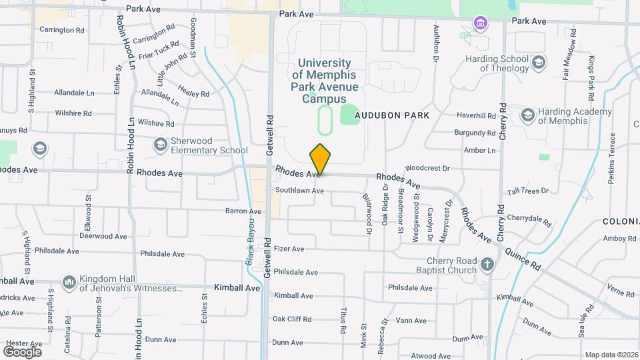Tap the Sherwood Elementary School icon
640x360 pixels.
pyautogui.click(x=160, y=144)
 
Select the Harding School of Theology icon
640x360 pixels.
pyautogui.click(x=538, y=63)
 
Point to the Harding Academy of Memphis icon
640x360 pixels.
pyautogui.click(x=527, y=115)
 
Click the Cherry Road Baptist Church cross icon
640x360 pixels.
pyautogui.click(x=487, y=265)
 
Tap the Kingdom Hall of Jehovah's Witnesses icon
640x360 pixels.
pyautogui.click(x=69, y=283)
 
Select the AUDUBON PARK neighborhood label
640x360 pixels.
pyautogui.click(x=391, y=115)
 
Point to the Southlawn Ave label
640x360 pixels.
pyautogui.click(x=299, y=191)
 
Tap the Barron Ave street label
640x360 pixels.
pyautogui.click(x=243, y=211)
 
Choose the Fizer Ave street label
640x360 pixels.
pyautogui.click(x=289, y=249)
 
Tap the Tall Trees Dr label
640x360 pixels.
pyautogui.click(x=527, y=191)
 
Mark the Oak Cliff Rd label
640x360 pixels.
pyautogui.click(x=293, y=319)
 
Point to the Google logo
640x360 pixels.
pyautogui.click(x=22, y=351)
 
